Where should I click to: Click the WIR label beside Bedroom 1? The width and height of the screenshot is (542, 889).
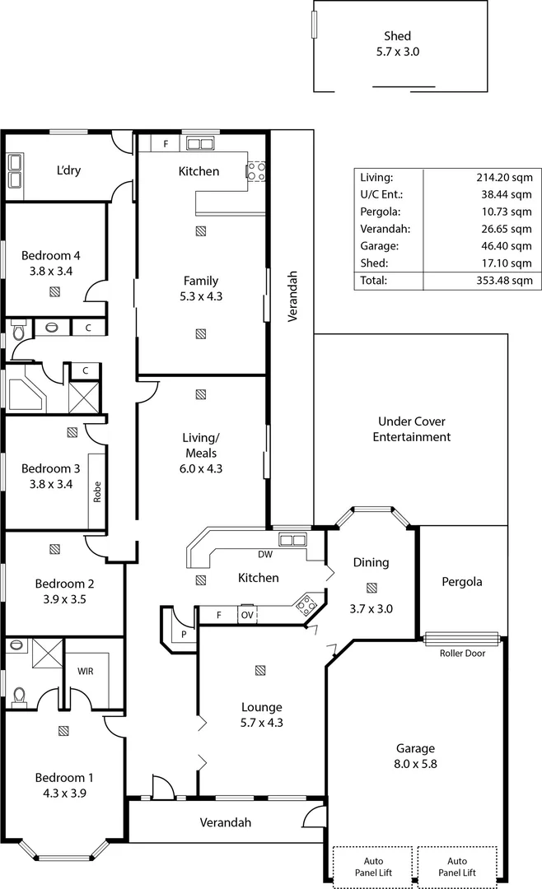pyautogui.click(x=85, y=671)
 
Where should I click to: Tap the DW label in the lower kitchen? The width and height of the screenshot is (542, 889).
pyautogui.click(x=265, y=554)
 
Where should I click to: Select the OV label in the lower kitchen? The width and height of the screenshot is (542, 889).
pyautogui.click(x=247, y=615)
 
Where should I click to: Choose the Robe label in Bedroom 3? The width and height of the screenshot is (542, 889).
pyautogui.click(x=96, y=491)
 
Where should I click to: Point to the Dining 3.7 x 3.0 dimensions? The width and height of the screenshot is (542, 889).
pyautogui.click(x=371, y=608)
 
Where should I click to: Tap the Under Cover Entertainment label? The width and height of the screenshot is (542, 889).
pyautogui.click(x=411, y=429)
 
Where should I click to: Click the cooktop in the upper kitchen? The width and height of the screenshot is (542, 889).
pyautogui.click(x=255, y=170)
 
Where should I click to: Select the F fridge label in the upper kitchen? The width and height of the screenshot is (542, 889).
pyautogui.click(x=166, y=144)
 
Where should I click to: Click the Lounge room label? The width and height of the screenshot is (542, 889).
pyautogui.click(x=261, y=706)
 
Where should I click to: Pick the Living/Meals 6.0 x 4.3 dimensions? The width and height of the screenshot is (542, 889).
pyautogui.click(x=201, y=468)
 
